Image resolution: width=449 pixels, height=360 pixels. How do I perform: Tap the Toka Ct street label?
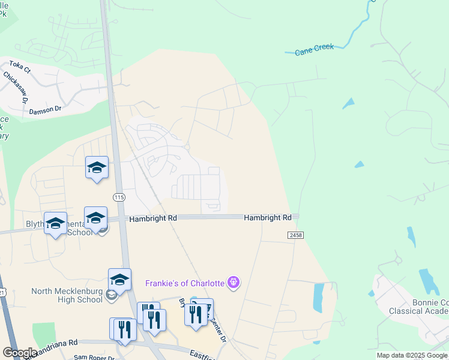(x=20, y=66)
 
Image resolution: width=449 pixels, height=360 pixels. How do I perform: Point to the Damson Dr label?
(x=45, y=110)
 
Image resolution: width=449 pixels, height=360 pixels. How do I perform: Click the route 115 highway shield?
(x=118, y=197)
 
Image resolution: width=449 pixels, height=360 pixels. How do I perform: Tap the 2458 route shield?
(x=294, y=235)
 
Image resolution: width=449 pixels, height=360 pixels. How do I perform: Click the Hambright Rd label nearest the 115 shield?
(x=153, y=219)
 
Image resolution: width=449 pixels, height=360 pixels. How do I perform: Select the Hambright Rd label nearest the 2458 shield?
(x=267, y=218)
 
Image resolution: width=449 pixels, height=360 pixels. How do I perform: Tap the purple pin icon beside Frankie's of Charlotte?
(x=234, y=282)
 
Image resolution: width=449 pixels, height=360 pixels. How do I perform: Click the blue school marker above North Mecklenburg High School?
(x=119, y=280)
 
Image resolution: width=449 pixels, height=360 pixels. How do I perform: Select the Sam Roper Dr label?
(x=89, y=356)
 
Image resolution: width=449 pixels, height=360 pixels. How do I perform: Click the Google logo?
(x=20, y=352)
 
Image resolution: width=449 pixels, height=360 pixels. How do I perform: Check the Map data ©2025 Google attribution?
(x=412, y=355)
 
